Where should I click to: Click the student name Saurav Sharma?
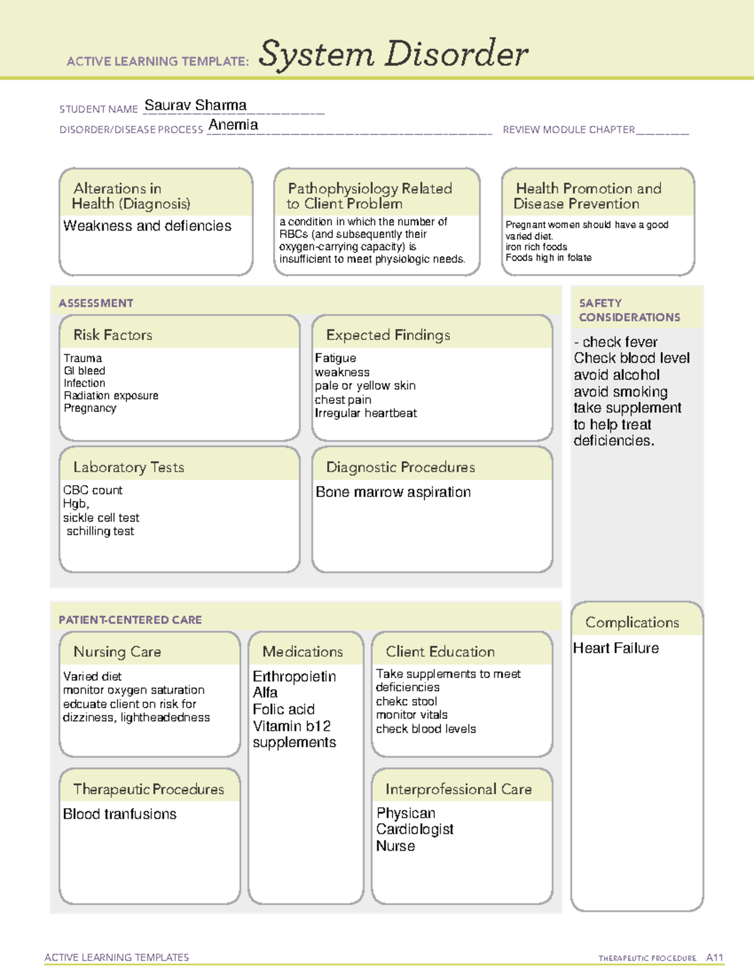195,106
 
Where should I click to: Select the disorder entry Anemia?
233,125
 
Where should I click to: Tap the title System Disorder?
393,54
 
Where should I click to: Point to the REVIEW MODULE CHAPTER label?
569,129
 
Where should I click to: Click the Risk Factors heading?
113,335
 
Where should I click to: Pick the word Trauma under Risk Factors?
82,358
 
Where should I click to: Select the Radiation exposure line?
111,395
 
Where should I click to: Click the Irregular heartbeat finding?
366,413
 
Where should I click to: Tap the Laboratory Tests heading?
129,467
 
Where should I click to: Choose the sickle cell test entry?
101,518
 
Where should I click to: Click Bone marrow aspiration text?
393,492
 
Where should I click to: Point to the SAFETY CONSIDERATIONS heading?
629,310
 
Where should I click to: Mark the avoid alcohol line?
616,375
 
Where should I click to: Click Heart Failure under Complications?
616,648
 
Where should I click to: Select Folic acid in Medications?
283,710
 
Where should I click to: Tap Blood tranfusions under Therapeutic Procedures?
120,814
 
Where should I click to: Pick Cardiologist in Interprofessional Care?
415,830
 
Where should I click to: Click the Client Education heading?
440,652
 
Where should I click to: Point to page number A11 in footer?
714,958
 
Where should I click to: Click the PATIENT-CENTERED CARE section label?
130,620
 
